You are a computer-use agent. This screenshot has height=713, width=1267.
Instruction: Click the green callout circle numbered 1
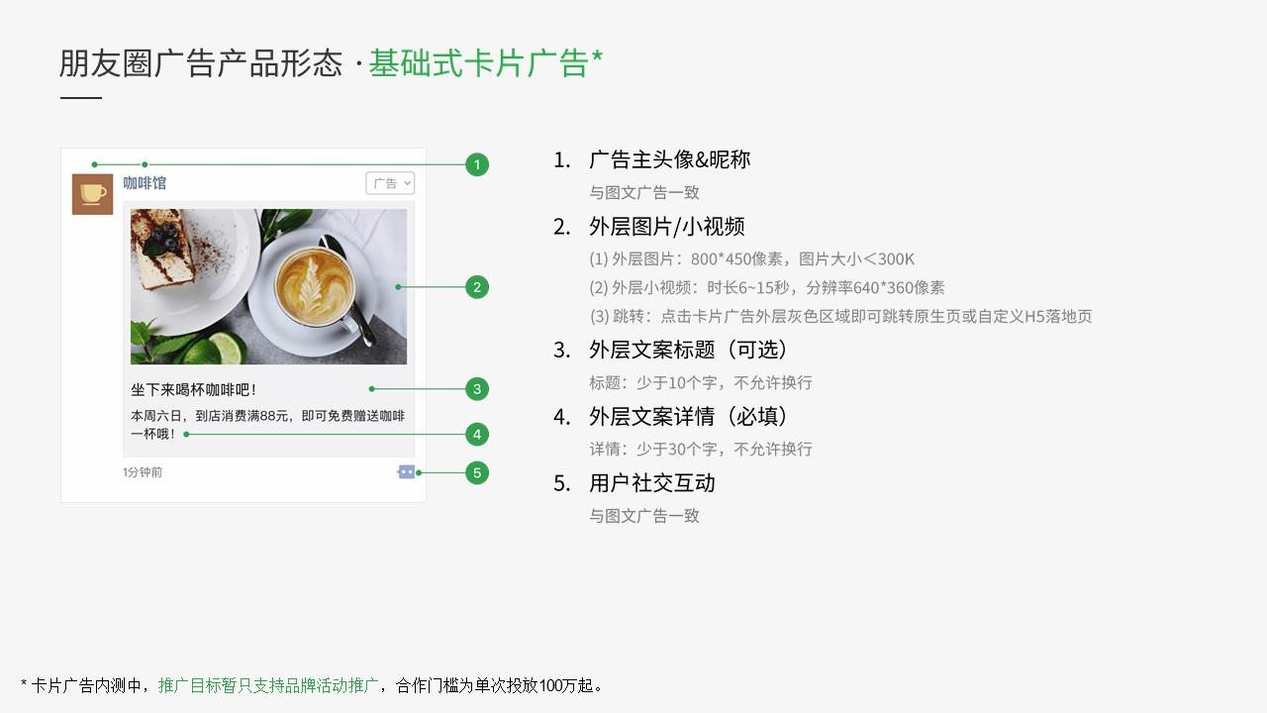(477, 164)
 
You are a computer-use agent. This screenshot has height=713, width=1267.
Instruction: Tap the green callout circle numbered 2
(477, 287)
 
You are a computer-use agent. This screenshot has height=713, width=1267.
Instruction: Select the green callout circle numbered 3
(477, 389)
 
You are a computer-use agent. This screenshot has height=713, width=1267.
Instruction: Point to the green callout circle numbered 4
(477, 434)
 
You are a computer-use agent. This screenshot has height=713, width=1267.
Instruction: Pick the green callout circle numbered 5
(477, 472)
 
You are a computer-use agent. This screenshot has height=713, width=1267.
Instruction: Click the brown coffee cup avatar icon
(92, 194)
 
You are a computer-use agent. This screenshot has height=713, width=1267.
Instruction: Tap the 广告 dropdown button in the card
(390, 183)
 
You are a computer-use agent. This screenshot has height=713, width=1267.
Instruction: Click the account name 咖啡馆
(145, 183)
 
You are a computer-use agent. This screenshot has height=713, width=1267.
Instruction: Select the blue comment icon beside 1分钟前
(406, 472)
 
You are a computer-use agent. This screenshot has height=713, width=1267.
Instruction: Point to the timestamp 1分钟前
(143, 472)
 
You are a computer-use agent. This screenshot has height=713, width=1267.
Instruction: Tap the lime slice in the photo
(225, 349)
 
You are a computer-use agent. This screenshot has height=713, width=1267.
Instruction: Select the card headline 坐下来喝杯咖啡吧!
(193, 390)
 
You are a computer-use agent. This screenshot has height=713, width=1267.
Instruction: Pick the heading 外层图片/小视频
(667, 227)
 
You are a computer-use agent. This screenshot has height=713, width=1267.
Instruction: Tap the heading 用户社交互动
(652, 483)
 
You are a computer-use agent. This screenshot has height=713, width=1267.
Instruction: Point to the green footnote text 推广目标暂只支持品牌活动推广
(267, 686)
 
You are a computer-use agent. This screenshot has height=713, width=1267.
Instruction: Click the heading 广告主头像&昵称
(670, 159)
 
